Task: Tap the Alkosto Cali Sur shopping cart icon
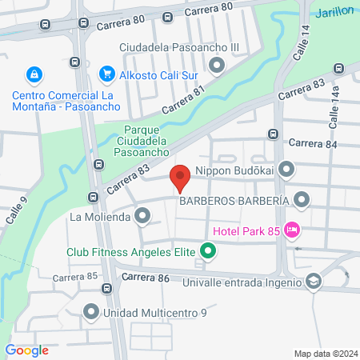point(106,74)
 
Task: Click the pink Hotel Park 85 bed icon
point(292,230)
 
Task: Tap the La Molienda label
point(99,216)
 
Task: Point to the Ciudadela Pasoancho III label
point(178,47)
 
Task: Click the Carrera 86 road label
point(146,277)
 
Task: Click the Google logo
point(27,350)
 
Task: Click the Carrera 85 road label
point(74,277)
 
